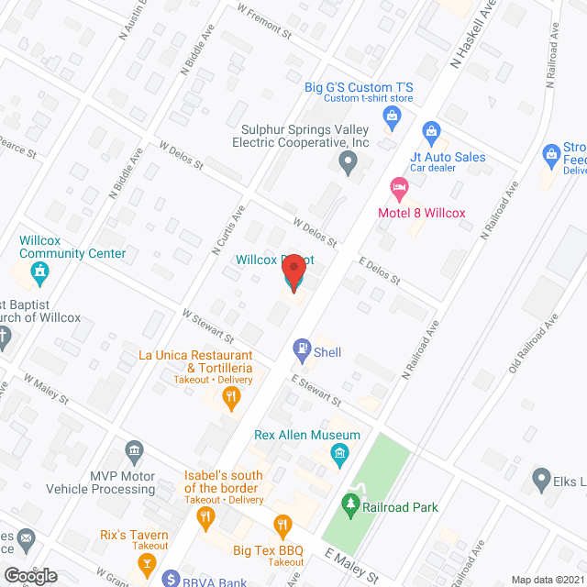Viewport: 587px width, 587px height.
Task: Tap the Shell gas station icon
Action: coord(300,349)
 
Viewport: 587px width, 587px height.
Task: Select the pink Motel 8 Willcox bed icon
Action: coord(399,190)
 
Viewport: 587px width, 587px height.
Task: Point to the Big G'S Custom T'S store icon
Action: coord(393,115)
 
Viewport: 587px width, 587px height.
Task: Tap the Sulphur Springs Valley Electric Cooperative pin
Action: coord(348,164)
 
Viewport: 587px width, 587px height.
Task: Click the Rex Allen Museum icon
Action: coord(338,452)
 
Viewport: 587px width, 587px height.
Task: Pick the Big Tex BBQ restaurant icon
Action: coord(282,526)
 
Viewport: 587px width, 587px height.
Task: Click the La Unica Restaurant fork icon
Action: coord(231,397)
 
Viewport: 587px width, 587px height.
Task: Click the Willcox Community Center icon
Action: coord(39,272)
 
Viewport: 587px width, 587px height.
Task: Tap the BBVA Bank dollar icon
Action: coord(171,579)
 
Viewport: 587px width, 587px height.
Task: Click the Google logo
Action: coord(29,575)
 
